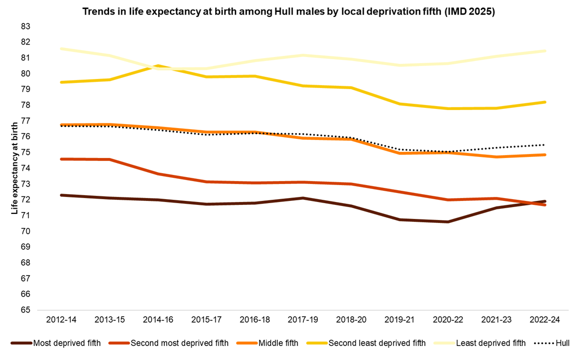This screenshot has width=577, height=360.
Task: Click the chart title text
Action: click(288, 12)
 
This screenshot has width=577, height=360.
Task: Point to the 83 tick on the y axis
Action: click(25, 27)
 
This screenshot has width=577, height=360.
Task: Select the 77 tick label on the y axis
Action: click(25, 121)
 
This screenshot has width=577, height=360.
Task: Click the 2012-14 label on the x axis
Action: click(61, 319)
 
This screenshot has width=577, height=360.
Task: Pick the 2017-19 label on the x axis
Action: click(303, 319)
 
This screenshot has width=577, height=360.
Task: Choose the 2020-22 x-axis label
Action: click(448, 319)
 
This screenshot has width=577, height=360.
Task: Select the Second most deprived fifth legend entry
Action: click(179, 343)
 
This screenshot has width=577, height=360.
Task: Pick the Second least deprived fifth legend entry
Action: click(377, 343)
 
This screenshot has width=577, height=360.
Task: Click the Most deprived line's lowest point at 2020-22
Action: click(448, 222)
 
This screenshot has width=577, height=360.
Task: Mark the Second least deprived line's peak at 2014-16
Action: click(158, 66)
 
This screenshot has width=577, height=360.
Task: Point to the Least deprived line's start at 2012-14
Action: click(61, 49)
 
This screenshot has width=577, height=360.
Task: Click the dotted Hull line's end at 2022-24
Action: click(545, 144)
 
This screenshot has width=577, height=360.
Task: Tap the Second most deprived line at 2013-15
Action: click(109, 160)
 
